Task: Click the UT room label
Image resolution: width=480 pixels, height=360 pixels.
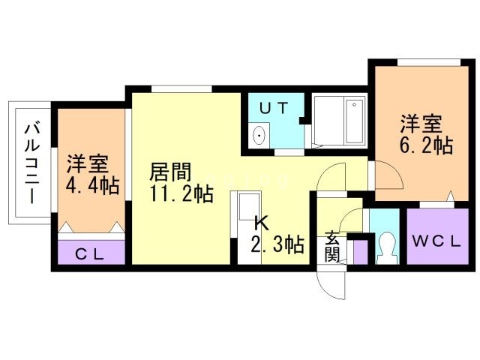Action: click(274, 108)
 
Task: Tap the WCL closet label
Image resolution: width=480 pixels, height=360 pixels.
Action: click(436, 241)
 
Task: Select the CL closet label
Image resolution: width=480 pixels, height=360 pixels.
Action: click(90, 254)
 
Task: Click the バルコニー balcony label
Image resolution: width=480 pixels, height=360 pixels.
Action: click(32, 163)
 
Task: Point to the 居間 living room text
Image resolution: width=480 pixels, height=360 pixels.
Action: click(170, 172)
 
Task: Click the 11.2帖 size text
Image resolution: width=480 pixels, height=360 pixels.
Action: click(181, 193)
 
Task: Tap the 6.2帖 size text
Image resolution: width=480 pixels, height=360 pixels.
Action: click(426, 145)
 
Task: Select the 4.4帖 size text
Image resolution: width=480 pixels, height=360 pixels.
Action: click(92, 185)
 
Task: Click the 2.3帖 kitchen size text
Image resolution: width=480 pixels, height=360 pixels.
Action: click(277, 244)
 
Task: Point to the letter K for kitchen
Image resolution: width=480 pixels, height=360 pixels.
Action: click(262, 223)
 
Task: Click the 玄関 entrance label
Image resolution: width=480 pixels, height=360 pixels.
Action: click(332, 247)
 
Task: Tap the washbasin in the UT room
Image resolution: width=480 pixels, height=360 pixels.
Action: click(259, 135)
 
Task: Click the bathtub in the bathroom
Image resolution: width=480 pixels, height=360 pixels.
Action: click(354, 121)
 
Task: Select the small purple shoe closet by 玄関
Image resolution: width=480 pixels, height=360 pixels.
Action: click(361, 252)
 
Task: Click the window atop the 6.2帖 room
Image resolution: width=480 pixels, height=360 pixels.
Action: click(429, 62)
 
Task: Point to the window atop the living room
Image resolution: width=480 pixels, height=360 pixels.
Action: click(181, 89)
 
